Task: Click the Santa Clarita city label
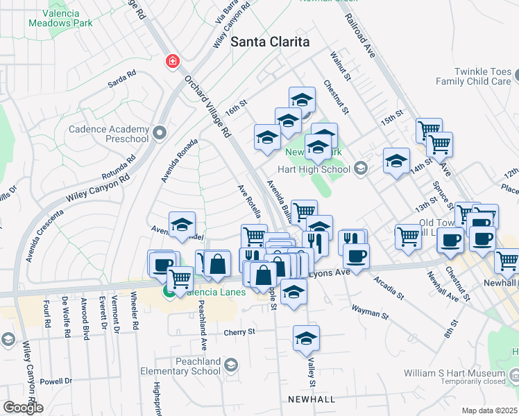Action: pos(270,42)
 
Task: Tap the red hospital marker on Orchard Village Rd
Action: pos(171,62)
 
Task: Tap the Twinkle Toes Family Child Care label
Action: pos(473,76)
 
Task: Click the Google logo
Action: pos(23,408)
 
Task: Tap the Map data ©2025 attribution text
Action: pos(489,410)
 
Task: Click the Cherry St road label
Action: pos(239,332)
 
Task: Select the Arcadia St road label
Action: pos(389,287)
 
